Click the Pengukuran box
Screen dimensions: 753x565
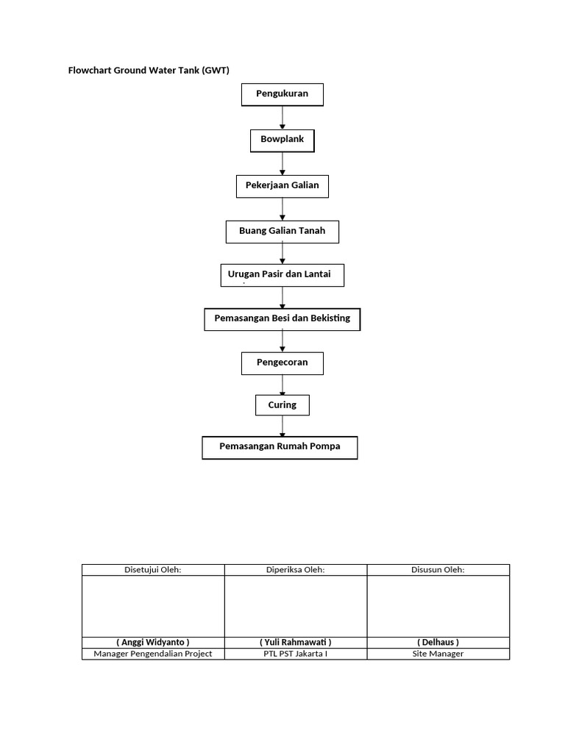282,94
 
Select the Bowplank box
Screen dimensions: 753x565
282,140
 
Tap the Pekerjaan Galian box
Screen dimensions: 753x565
282,186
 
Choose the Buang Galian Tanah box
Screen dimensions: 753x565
282,232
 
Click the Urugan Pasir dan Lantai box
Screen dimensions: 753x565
282,275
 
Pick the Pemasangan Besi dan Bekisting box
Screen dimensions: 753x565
282,319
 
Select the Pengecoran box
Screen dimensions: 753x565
282,363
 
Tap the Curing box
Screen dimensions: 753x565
282,405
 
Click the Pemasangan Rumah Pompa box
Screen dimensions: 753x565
280,447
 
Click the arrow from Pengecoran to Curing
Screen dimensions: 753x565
282,385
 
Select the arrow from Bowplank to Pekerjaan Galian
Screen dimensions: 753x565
282,163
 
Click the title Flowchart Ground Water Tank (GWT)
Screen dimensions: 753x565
149,71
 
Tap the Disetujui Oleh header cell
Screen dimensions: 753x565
153,570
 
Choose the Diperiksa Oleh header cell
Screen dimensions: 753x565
295,570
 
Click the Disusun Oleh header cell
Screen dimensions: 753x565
438,570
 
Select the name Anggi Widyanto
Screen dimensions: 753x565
153,642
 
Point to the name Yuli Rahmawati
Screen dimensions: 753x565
295,642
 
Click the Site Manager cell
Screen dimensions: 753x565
438,654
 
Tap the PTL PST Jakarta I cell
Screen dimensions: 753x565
295,654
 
